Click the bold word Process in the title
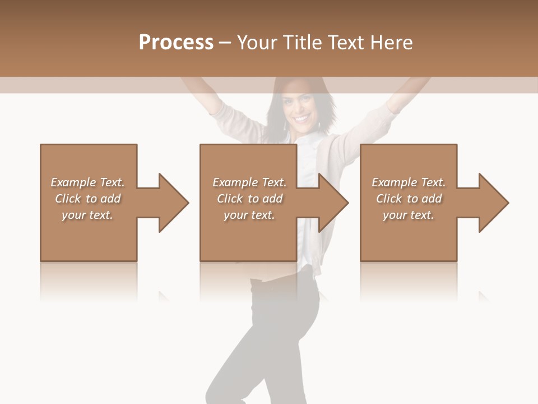pyautogui.click(x=176, y=43)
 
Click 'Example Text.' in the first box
pyautogui.click(x=87, y=182)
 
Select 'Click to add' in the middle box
pyautogui.click(x=249, y=199)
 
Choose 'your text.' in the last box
pyautogui.click(x=408, y=215)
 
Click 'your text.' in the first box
pyautogui.click(x=87, y=215)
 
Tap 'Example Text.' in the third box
pyautogui.click(x=408, y=182)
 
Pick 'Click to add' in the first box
pyautogui.click(x=87, y=199)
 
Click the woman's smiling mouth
pyautogui.click(x=301, y=119)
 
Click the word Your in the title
pyautogui.click(x=258, y=43)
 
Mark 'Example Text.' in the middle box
pyautogui.click(x=249, y=182)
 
